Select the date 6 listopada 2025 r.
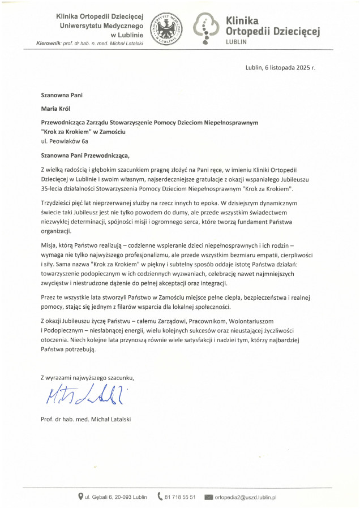281,67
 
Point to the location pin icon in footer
81,497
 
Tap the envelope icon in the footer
208,497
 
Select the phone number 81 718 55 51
181,497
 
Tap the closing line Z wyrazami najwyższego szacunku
88,377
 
